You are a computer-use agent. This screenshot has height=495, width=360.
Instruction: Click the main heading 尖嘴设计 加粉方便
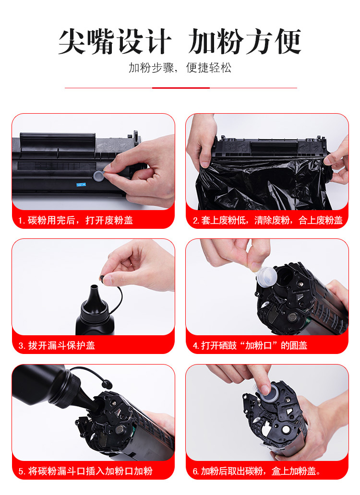[x=180, y=41]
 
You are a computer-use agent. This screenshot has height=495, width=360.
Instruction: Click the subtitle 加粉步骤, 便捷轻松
[x=180, y=68]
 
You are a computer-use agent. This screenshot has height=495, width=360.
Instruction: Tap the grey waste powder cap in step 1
[x=99, y=176]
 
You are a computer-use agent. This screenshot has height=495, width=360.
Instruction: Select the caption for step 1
[x=75, y=220]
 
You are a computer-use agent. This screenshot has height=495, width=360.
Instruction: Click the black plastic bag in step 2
[x=262, y=183]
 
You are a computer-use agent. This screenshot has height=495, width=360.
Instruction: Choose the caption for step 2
[x=267, y=220]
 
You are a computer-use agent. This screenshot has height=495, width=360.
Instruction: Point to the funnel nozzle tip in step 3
[x=94, y=287]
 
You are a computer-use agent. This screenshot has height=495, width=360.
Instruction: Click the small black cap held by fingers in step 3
[x=102, y=278]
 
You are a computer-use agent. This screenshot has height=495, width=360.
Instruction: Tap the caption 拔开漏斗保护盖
[x=61, y=345]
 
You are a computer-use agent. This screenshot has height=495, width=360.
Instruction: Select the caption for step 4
[x=250, y=345]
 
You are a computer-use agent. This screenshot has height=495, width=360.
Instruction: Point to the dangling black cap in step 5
[x=107, y=385]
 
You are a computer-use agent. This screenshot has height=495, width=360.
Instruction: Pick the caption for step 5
[x=85, y=471]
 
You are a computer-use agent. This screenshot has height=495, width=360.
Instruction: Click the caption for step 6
[x=257, y=471]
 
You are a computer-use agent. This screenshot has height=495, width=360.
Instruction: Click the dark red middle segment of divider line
[x=181, y=88]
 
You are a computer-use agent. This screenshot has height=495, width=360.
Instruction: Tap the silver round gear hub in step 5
[x=120, y=429]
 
